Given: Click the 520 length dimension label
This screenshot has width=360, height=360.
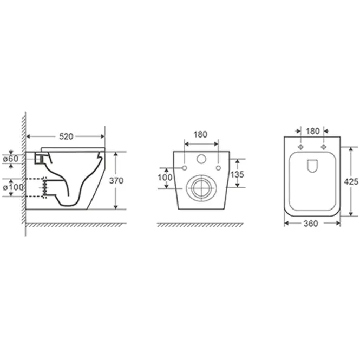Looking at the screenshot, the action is [x=66, y=136].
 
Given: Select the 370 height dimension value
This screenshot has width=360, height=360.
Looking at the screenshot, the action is [x=116, y=181].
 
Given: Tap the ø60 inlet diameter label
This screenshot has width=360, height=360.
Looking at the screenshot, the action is [x=11, y=159].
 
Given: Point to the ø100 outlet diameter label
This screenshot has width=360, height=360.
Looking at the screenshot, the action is [x=13, y=187].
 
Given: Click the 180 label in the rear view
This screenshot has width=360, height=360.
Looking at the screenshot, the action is [x=200, y=134].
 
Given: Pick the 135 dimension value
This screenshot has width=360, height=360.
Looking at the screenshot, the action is [x=237, y=174].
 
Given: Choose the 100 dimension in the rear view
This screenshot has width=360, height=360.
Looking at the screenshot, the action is [x=165, y=177].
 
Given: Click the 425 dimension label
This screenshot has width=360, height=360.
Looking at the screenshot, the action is [x=351, y=181].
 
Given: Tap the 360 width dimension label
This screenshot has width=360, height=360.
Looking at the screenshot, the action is [x=311, y=224].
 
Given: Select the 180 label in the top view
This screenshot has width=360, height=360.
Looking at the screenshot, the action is [x=313, y=131].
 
